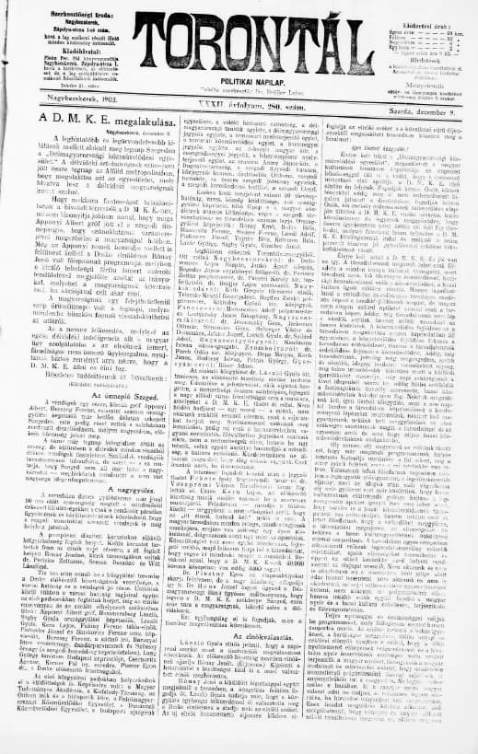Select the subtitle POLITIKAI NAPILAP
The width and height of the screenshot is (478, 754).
pos(239,79)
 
